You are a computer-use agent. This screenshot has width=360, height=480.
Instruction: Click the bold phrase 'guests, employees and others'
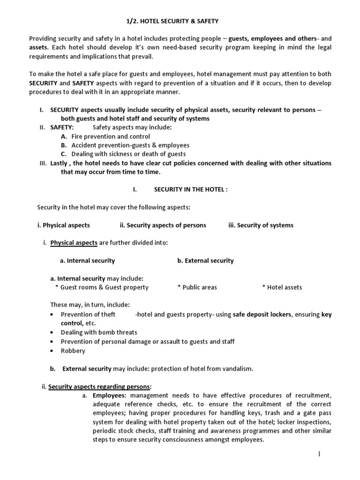click(269, 38)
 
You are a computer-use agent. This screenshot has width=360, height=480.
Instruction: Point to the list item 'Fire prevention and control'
click(111, 136)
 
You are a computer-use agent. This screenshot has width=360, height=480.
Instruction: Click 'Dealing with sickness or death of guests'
click(128, 154)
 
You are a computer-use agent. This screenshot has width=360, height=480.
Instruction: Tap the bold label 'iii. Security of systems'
click(261, 225)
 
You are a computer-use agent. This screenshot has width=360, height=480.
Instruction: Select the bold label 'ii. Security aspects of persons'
click(163, 225)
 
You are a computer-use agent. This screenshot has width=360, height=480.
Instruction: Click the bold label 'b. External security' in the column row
click(205, 261)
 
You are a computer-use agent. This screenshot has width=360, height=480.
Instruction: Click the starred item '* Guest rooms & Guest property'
click(102, 287)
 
